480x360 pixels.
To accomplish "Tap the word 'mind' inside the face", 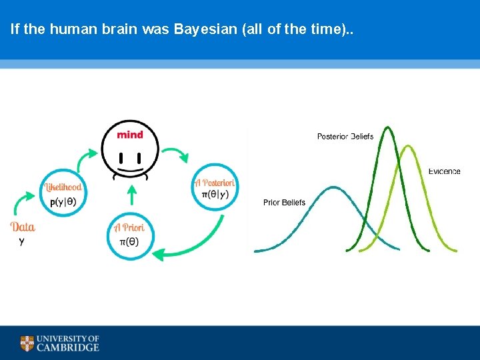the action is click(130, 135).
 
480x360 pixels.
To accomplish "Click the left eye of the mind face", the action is click(121, 158).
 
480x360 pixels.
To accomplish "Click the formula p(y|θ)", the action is click(63, 201).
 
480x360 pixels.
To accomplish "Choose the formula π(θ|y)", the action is click(215, 195).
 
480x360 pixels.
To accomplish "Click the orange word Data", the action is click(23, 227).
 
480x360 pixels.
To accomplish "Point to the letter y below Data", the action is click(21, 241).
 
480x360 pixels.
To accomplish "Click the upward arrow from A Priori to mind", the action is click(131, 195).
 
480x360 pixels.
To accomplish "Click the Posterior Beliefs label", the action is click(345, 137).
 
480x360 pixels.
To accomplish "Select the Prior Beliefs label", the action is click(284, 203).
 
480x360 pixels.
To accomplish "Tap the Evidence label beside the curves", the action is click(444, 171).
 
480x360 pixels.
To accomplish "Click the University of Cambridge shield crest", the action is click(27, 343).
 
